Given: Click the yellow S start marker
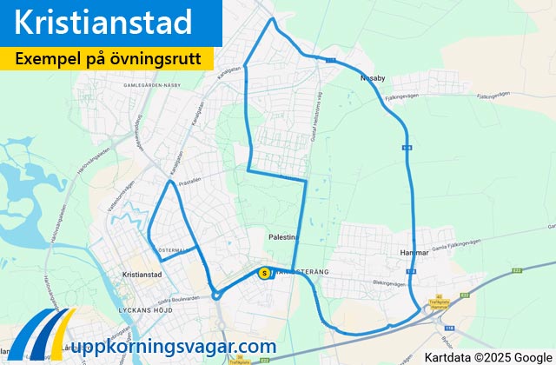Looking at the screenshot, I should (x=264, y=273).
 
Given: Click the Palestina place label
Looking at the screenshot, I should (x=284, y=236).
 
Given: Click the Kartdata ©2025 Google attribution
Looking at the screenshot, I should (x=488, y=356).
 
